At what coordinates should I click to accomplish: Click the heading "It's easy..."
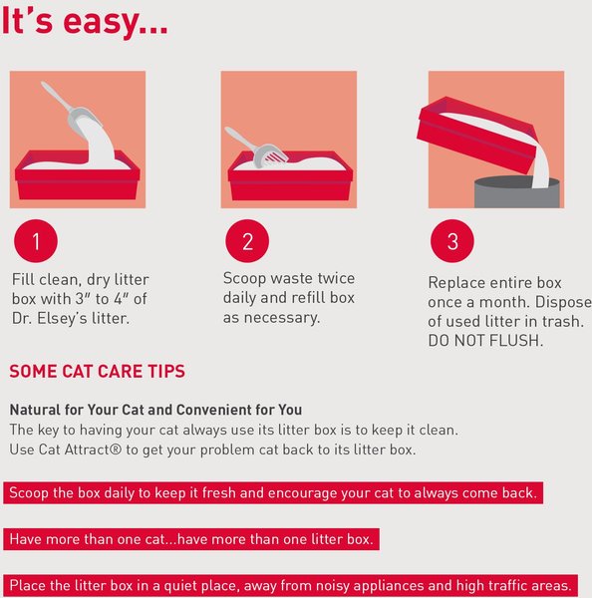pyautogui.click(x=84, y=24)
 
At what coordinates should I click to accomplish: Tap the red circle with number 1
pyautogui.click(x=37, y=241)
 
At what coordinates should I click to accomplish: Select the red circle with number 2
pyautogui.click(x=248, y=241)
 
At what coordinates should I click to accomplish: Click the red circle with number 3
pyautogui.click(x=451, y=241)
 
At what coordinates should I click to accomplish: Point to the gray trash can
pyautogui.click(x=516, y=190)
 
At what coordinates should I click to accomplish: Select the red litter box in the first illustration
pyautogui.click(x=78, y=177)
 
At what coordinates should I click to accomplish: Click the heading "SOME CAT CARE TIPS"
pyautogui.click(x=97, y=372)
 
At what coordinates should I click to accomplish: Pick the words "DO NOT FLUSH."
pyautogui.click(x=485, y=341)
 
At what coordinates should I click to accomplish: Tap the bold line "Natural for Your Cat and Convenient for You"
pyautogui.click(x=155, y=410)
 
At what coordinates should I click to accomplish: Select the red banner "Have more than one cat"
pyautogui.click(x=191, y=539)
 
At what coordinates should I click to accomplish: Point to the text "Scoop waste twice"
pyautogui.click(x=288, y=279)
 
